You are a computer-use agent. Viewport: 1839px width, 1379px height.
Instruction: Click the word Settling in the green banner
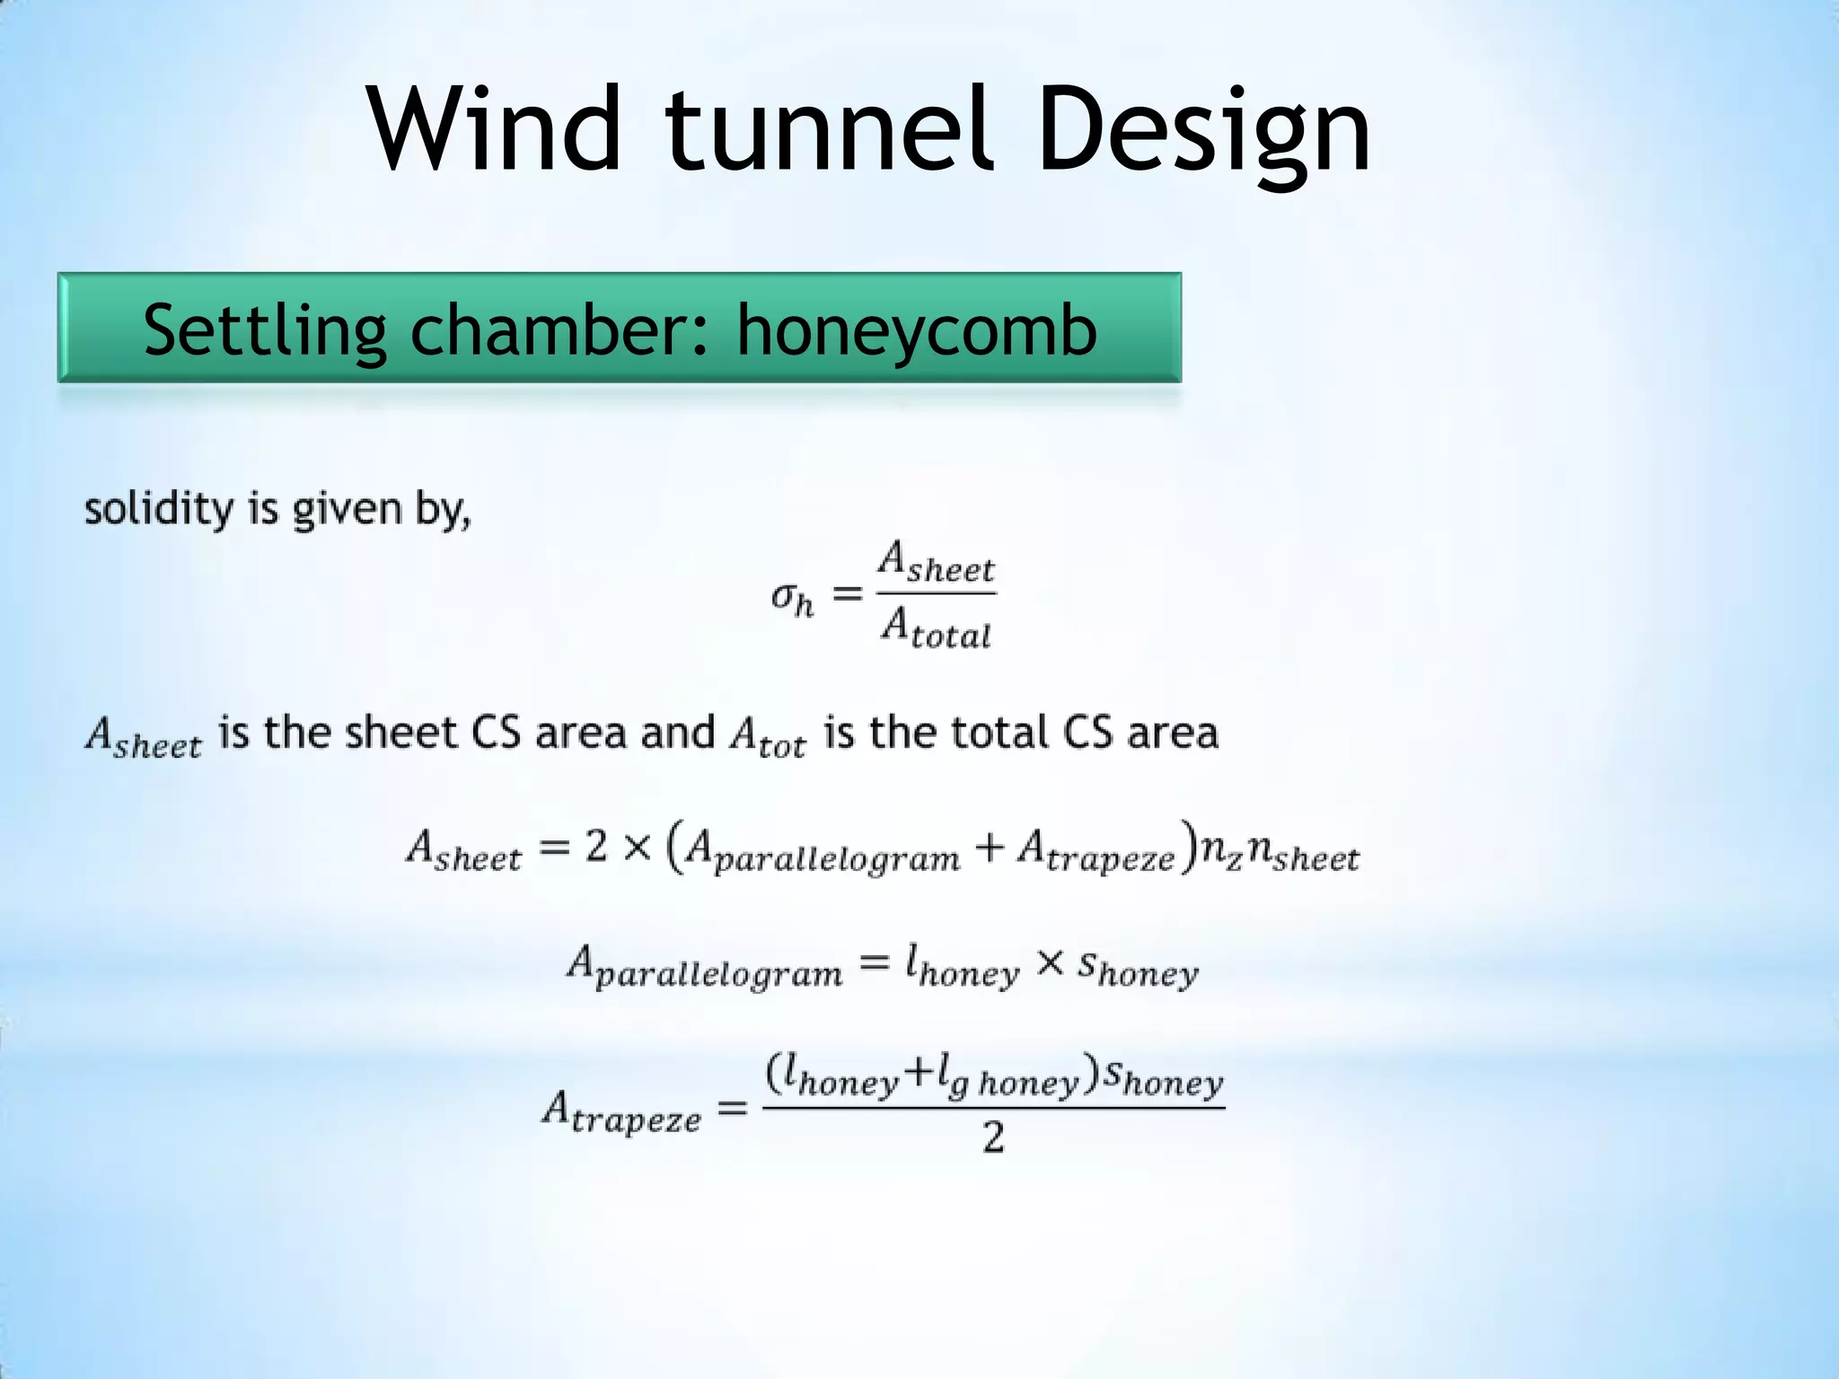(264, 330)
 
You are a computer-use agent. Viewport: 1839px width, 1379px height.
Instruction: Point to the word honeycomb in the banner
(917, 330)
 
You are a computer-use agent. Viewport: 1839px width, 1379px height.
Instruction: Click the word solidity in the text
(158, 509)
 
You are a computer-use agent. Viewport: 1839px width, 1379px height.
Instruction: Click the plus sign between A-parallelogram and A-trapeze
(989, 848)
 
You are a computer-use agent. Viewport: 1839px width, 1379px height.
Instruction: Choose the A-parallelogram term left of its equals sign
(705, 969)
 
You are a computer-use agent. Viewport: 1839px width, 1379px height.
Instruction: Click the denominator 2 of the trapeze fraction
(992, 1137)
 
